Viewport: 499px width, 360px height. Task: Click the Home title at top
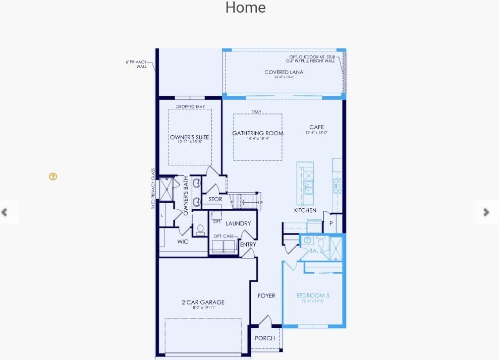point(245,8)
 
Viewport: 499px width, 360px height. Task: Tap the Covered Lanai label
point(284,73)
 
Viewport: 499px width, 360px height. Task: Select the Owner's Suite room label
point(189,137)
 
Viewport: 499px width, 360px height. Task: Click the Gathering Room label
point(257,134)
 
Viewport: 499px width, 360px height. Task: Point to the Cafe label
point(317,128)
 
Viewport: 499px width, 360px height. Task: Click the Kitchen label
point(305,210)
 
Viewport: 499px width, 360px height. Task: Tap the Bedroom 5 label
point(312,295)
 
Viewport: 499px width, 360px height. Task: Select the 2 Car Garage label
point(203,303)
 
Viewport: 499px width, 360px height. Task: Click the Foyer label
point(266,295)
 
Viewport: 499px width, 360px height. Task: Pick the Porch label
point(265,338)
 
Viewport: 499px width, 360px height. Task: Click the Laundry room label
point(238,223)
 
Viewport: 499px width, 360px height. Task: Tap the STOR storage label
point(215,200)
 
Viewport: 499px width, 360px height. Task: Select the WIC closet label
point(183,242)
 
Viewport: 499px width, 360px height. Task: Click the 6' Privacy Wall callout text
point(137,64)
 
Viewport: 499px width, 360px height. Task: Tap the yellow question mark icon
point(53,176)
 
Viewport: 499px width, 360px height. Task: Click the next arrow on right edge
point(486,212)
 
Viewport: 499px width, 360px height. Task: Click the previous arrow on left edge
point(5,212)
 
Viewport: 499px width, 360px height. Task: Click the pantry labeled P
point(331,223)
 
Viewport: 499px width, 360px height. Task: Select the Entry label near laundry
point(248,245)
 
